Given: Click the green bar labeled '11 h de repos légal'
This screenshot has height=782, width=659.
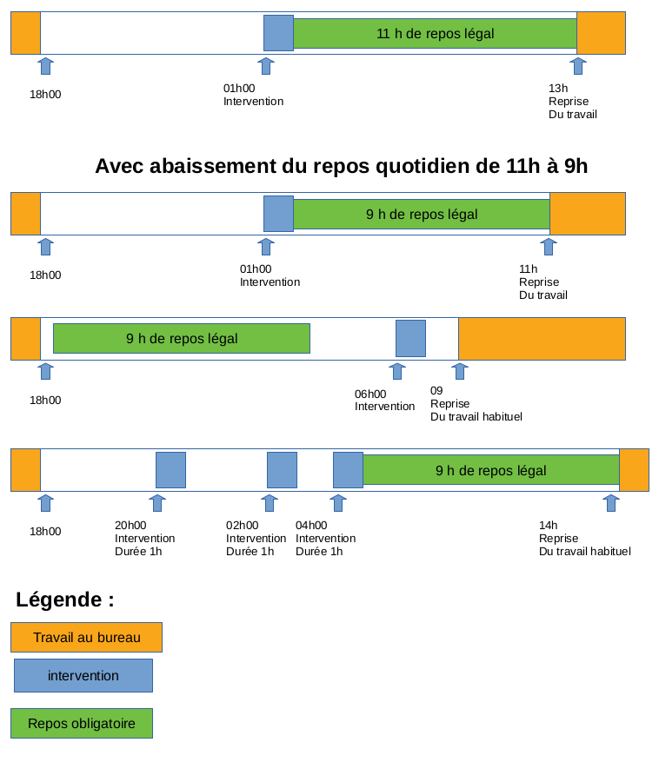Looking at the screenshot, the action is coord(435,33).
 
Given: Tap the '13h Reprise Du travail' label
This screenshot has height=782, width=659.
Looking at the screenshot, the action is coord(573,102).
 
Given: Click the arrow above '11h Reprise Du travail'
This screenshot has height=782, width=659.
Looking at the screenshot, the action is coord(549,247).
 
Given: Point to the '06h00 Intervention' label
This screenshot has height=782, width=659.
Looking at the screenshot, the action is coord(384,400).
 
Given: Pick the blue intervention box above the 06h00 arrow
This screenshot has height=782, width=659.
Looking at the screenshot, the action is coord(410,339).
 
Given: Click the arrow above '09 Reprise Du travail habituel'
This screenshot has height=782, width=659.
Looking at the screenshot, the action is coord(459,372).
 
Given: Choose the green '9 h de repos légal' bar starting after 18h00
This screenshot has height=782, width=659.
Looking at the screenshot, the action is coord(182,339).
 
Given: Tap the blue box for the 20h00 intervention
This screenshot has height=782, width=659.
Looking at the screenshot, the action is coord(170,470).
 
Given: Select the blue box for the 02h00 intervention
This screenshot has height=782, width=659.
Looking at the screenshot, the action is coord(282,470).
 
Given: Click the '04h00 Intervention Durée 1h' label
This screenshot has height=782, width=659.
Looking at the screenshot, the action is coord(325,538).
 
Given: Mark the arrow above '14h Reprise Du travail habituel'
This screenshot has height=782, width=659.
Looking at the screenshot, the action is coord(610,503).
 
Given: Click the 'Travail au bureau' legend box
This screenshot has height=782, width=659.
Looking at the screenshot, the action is coord(86,638).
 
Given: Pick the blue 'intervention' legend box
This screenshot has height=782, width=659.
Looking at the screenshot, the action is coord(83,676).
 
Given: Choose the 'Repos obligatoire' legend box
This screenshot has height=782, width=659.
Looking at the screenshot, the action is coord(82,723).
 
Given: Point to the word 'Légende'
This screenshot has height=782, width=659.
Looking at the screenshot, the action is coord(59,600).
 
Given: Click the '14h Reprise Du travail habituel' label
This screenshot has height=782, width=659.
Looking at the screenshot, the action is coord(585,538).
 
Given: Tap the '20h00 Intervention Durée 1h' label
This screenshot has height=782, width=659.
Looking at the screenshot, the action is coord(144,538).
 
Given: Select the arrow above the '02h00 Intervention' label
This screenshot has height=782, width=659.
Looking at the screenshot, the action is coord(270,503).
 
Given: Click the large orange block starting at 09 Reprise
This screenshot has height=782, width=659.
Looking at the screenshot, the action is coord(542,339).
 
